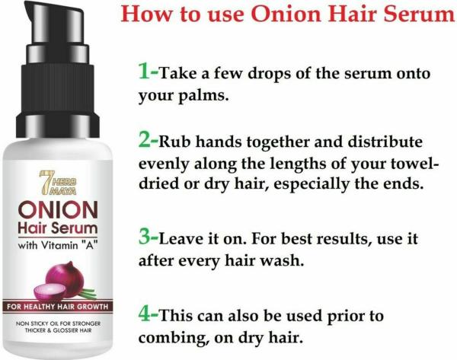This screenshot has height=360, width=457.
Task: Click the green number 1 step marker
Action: (x=145, y=72)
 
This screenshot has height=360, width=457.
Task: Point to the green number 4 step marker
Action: (x=145, y=314)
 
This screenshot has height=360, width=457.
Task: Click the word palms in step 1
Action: (x=203, y=96)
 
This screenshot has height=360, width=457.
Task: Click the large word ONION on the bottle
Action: (x=58, y=210)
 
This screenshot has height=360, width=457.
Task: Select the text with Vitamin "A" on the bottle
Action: (x=57, y=246)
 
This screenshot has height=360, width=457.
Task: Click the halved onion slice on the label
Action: (x=50, y=292)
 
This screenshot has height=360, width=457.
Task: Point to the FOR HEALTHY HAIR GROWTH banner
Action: (x=57, y=307)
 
